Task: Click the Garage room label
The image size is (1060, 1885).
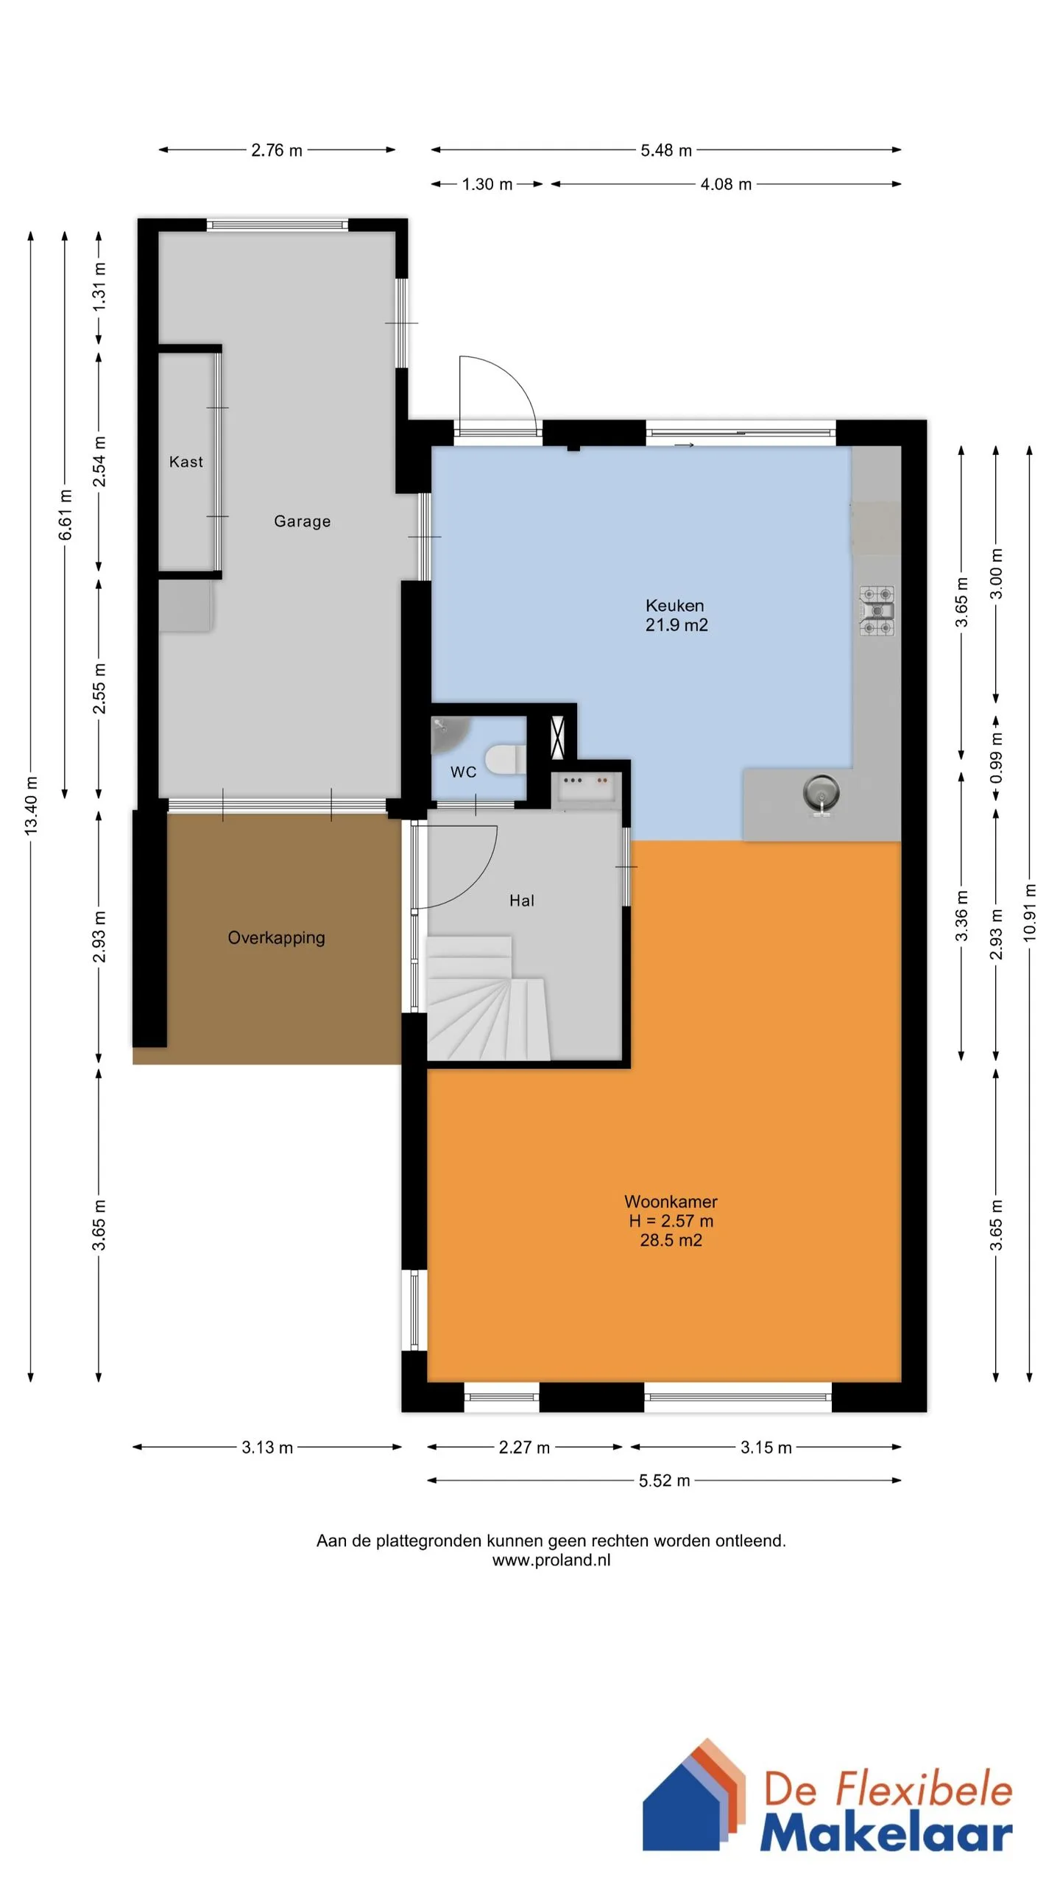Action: pyautogui.click(x=302, y=521)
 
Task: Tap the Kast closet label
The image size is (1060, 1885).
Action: pyautogui.click(x=185, y=462)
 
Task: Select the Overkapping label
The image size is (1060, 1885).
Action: pyautogui.click(x=276, y=938)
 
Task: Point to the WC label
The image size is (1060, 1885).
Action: pyautogui.click(x=463, y=772)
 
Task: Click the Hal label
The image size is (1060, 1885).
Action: pyautogui.click(x=521, y=901)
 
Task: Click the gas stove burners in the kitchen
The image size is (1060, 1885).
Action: pyautogui.click(x=877, y=610)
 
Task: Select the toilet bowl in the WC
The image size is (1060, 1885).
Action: pyautogui.click(x=505, y=760)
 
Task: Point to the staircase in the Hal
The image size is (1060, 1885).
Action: pyautogui.click(x=487, y=998)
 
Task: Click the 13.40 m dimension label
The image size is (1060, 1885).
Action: pyautogui.click(x=31, y=806)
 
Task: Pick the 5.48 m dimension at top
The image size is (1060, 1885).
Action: pyautogui.click(x=665, y=150)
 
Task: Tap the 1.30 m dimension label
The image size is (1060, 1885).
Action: pyautogui.click(x=487, y=184)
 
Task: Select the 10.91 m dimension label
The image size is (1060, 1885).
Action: pyautogui.click(x=1030, y=912)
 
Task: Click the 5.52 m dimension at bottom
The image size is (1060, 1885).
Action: pyautogui.click(x=664, y=1481)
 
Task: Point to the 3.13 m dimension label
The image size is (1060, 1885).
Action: pyautogui.click(x=267, y=1448)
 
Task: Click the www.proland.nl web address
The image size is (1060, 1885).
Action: pyautogui.click(x=551, y=1560)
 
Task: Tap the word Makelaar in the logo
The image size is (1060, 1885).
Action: pyautogui.click(x=886, y=1833)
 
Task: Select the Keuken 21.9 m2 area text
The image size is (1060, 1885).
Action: pyautogui.click(x=676, y=616)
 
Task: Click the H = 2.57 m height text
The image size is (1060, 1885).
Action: pyautogui.click(x=671, y=1221)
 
